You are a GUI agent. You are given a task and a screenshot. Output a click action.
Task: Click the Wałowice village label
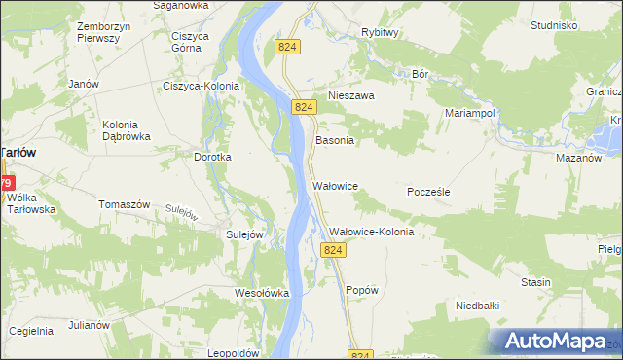tap(336, 185)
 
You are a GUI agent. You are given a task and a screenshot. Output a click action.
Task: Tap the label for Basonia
tap(334, 140)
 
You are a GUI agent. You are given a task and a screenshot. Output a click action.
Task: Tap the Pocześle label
tap(427, 193)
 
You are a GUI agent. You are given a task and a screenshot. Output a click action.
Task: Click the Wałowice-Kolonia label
tap(372, 233)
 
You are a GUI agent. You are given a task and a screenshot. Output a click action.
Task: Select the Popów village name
tap(361, 290)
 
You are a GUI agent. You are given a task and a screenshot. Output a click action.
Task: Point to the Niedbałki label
tap(478, 306)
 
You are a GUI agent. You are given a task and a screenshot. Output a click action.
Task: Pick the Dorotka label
tap(212, 157)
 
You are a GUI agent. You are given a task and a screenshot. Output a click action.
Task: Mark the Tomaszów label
tap(124, 204)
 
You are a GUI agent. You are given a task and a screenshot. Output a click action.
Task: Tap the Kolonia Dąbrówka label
tap(128, 130)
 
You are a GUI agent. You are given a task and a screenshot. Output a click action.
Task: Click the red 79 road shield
tap(6, 183)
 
